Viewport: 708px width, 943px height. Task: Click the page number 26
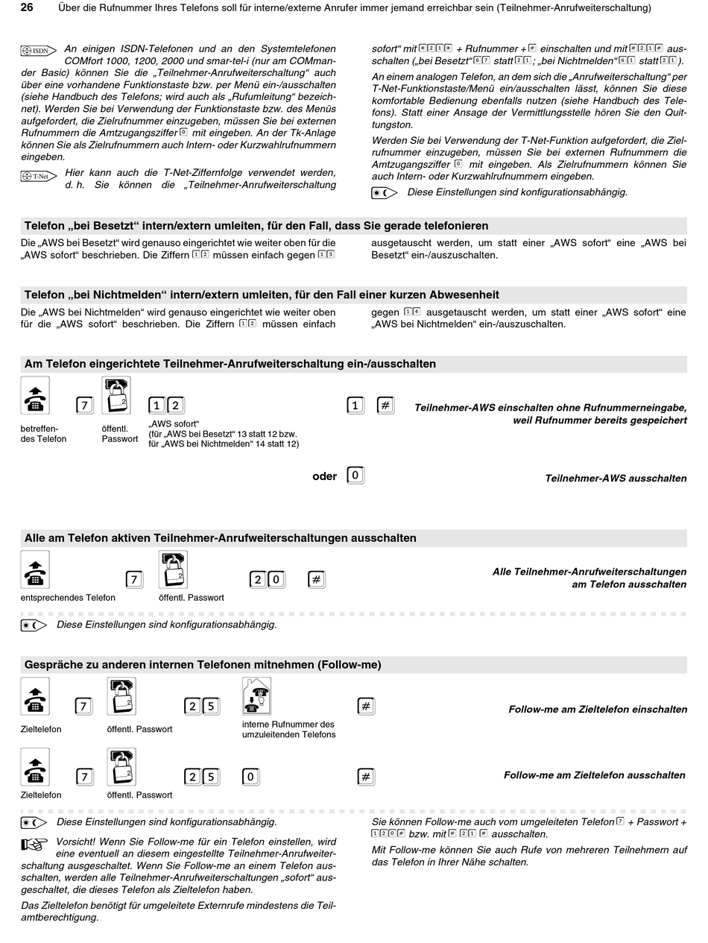click(x=27, y=8)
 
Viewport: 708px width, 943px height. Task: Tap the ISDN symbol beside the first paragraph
click(x=38, y=51)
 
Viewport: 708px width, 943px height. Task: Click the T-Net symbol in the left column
click(x=38, y=177)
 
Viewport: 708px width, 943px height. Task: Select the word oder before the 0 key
click(x=324, y=476)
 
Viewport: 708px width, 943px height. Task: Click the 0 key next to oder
click(x=355, y=476)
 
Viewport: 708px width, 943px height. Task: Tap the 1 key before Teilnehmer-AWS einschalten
click(x=355, y=406)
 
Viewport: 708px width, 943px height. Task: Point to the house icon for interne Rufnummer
click(x=256, y=696)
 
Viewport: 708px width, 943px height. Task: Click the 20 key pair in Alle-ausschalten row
click(x=267, y=579)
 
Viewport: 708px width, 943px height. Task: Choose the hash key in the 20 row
click(x=316, y=579)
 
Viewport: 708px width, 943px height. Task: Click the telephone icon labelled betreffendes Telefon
click(x=35, y=396)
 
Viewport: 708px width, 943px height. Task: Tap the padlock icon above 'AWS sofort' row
click(x=116, y=396)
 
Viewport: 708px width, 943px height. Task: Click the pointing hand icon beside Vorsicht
click(x=34, y=843)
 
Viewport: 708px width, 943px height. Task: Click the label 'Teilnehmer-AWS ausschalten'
click(x=616, y=479)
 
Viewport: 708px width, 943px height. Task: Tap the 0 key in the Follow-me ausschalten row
click(x=251, y=777)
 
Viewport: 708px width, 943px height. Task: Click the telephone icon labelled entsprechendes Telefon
click(x=35, y=570)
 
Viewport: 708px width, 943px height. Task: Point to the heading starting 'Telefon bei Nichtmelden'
click(x=262, y=294)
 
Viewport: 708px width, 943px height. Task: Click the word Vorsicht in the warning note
click(x=76, y=842)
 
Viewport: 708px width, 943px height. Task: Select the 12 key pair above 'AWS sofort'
click(x=166, y=406)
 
